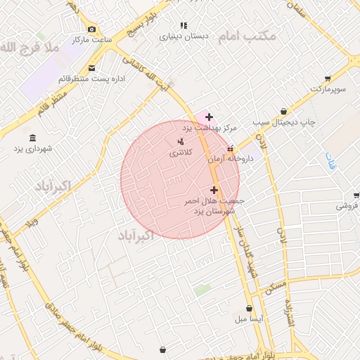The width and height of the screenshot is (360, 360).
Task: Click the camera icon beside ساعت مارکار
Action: pyautogui.click(x=92, y=29)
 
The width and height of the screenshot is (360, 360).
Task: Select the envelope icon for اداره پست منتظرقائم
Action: pyautogui.click(x=92, y=68)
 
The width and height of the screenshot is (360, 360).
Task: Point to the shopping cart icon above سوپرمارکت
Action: pyautogui.click(x=328, y=79)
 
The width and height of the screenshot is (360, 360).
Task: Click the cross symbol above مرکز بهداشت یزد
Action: pyautogui.click(x=209, y=117)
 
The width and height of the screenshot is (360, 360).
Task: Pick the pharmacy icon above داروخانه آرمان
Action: pyautogui.click(x=231, y=148)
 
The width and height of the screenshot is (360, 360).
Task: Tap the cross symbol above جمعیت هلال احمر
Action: pyautogui.click(x=214, y=190)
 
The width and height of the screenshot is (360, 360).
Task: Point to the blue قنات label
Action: pyautogui.click(x=331, y=161)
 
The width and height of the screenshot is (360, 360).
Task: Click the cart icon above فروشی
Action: pyautogui.click(x=355, y=195)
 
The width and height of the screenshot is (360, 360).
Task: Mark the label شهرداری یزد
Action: pyautogui.click(x=34, y=149)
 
